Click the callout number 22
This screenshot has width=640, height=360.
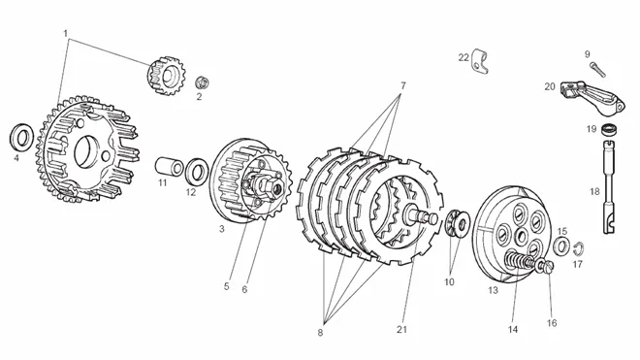[464, 57]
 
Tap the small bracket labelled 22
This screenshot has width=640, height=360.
[479, 62]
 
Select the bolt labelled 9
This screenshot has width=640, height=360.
[597, 70]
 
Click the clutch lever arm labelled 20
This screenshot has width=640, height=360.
[592, 97]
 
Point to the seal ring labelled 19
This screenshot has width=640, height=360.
[609, 129]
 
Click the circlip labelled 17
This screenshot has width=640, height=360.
[579, 247]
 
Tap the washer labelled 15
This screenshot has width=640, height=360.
[561, 245]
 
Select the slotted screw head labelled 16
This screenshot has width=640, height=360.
[547, 267]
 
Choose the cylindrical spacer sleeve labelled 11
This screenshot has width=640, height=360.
[170, 166]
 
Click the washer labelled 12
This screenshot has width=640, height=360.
[197, 172]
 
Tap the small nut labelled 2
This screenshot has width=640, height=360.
[202, 82]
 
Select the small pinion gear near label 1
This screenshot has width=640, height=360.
[166, 76]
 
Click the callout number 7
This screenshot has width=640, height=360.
[402, 85]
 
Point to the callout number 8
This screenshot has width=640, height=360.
[320, 332]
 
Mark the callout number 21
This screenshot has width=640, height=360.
[402, 329]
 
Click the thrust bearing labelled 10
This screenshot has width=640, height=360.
[457, 223]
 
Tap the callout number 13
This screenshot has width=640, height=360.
[493, 290]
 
